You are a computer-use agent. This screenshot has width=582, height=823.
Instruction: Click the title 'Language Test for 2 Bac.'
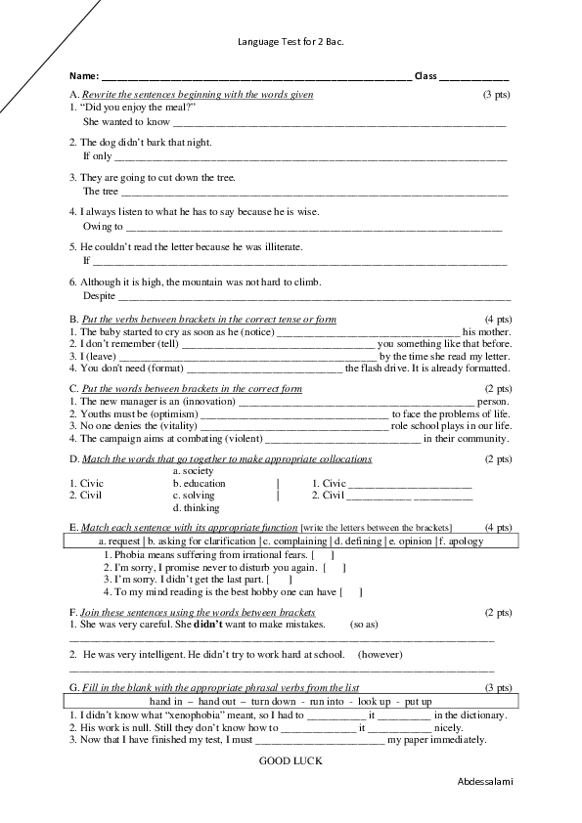point(291,43)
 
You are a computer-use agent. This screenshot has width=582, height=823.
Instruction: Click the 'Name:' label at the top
point(84,75)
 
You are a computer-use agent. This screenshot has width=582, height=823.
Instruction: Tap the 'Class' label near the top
point(425,75)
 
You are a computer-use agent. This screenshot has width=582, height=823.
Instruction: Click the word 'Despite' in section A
point(99,295)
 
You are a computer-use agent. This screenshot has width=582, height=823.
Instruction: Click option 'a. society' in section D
point(193,471)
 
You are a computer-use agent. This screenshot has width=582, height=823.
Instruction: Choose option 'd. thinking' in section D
point(196,507)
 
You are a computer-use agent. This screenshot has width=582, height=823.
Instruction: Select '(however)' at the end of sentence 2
point(381,653)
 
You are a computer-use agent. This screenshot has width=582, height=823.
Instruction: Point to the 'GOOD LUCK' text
point(291,758)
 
